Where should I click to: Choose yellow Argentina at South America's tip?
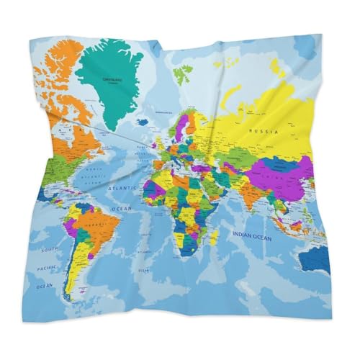click(71, 277)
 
